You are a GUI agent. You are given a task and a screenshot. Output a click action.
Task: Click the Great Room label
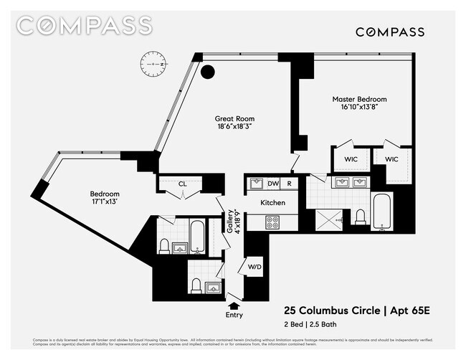[234, 119]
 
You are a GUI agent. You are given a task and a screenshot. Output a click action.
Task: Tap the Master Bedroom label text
[359, 99]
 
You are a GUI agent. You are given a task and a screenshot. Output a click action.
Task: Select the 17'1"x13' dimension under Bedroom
[105, 203]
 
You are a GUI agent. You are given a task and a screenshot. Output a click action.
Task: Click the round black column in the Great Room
[208, 71]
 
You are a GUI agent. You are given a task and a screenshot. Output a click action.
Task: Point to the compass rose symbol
[153, 64]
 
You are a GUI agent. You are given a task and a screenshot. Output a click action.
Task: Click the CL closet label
[183, 184]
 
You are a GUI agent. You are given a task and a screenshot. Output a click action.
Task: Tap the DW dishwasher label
[273, 184]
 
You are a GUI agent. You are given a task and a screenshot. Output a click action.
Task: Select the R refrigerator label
[289, 184]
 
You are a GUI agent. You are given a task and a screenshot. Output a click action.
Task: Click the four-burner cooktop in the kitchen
[273, 222]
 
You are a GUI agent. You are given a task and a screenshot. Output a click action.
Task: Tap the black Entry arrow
[234, 305]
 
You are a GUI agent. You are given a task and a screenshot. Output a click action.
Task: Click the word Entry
[234, 315]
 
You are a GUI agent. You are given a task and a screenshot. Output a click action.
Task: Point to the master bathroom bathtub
[381, 211]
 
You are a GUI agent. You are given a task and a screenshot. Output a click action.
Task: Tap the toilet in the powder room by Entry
[195, 285]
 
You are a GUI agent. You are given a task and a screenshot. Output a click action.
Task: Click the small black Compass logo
[390, 32]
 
